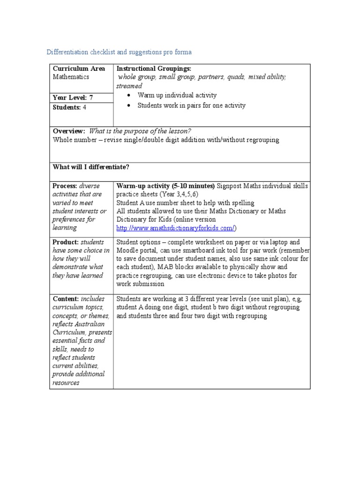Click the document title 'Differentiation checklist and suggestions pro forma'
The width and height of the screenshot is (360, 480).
119,52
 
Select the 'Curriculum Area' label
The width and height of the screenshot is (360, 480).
79,68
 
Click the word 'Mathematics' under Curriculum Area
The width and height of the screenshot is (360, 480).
71,77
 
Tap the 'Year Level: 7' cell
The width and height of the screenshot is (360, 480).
73,97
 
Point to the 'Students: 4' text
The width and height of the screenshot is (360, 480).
69,107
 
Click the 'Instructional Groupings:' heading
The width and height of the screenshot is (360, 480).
154,68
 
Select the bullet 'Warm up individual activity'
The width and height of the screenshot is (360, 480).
177,95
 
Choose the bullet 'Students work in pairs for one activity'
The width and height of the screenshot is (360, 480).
191,105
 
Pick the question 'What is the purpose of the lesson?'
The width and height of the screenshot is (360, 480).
140,131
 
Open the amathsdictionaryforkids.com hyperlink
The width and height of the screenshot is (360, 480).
175,228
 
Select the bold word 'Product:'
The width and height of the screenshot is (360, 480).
66,242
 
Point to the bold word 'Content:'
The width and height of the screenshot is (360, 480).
65,299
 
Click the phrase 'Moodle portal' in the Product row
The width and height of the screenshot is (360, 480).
136,250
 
